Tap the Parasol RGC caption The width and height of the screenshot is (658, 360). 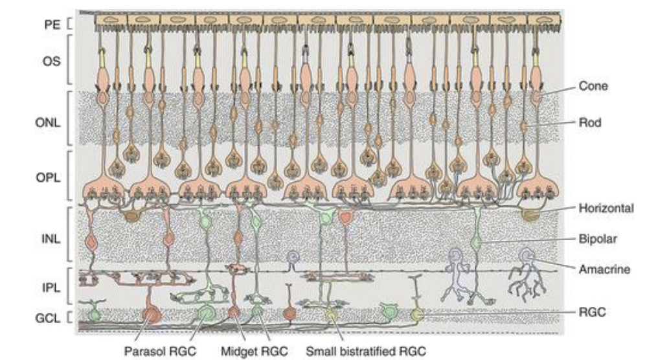pos(159,350)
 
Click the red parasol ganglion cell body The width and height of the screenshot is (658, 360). pos(152,317)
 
